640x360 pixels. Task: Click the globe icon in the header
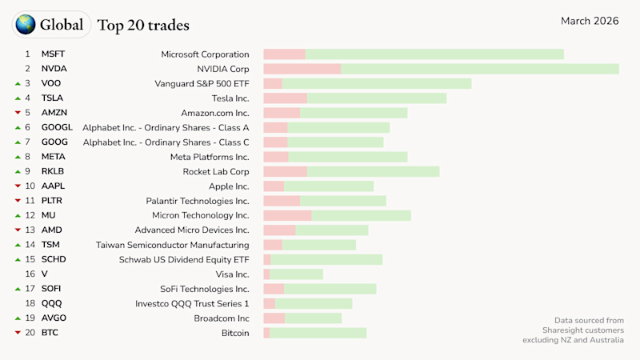(x=26, y=25)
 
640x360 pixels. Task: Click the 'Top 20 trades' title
(x=143, y=25)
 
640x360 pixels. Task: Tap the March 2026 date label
(x=589, y=21)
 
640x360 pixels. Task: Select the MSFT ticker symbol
(x=53, y=54)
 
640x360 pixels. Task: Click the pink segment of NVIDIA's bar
(x=302, y=69)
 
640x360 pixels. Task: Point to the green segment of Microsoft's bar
(x=434, y=54)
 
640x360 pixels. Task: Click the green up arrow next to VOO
(x=18, y=83)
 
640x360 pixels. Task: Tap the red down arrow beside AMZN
(x=18, y=113)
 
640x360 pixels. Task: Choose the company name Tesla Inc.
(x=230, y=98)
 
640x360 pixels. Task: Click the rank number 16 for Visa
(x=30, y=274)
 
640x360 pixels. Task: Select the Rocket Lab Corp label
(x=216, y=171)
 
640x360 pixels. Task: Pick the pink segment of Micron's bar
(x=287, y=215)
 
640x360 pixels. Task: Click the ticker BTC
(x=50, y=333)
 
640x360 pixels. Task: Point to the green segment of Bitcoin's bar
(x=318, y=333)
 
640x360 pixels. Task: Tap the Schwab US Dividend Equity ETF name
(x=184, y=259)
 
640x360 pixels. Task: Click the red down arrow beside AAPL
(x=18, y=186)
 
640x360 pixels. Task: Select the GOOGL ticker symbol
(x=57, y=127)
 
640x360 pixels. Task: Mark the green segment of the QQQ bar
(x=314, y=303)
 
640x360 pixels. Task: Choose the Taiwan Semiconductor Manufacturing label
(x=172, y=245)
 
